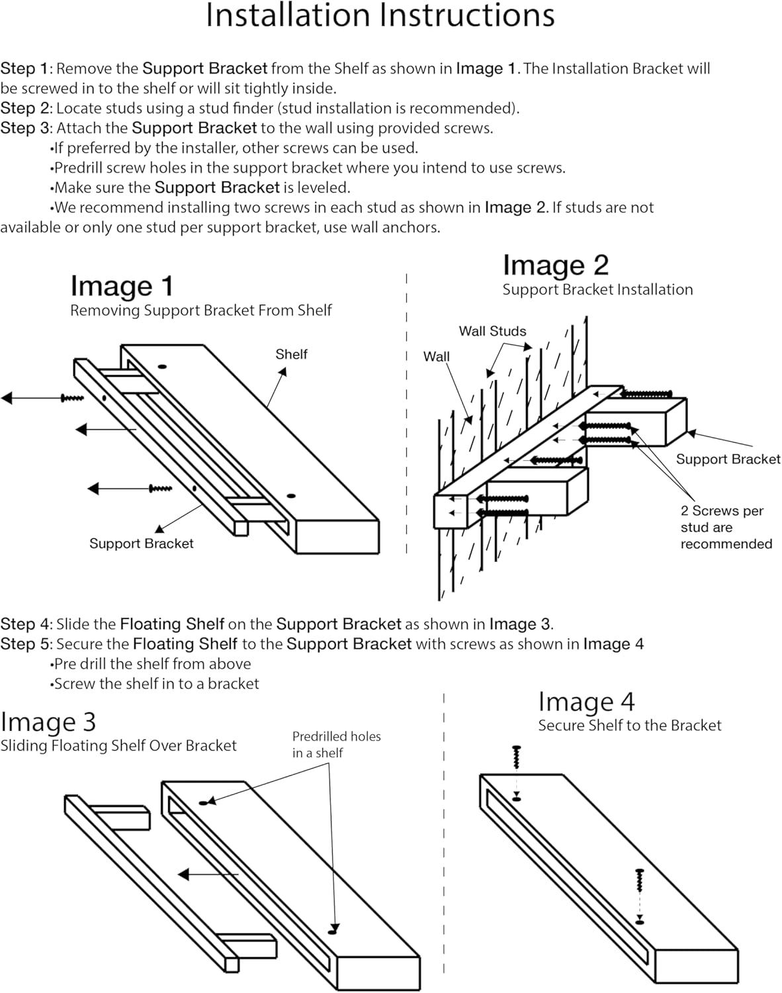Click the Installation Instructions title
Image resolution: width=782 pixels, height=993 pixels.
pos(380,16)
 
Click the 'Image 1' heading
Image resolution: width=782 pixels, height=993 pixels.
pos(122,286)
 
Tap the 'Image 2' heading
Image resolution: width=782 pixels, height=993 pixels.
pos(555,265)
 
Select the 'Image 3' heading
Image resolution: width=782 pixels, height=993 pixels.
pos(48,722)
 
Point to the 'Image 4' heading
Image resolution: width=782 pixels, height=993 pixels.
pos(586,702)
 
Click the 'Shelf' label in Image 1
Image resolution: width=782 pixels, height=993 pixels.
pos(291,354)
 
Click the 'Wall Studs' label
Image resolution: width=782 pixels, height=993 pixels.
pos(492,331)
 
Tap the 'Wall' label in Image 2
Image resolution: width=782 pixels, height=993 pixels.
pos(436,356)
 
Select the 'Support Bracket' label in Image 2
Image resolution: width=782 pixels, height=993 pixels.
pos(728,459)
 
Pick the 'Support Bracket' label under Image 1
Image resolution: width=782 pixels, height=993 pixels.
pos(141,544)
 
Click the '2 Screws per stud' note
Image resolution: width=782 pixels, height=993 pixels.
pos(726,527)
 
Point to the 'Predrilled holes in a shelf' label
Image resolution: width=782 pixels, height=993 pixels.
pos(336,744)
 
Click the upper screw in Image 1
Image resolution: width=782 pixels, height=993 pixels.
pos(72,398)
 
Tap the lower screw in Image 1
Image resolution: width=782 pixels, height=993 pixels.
pos(160,489)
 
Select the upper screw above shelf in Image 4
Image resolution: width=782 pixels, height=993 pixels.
pos(516,757)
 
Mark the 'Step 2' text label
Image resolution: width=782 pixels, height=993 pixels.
pos(25,108)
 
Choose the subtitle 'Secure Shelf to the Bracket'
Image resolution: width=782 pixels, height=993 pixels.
pos(629,726)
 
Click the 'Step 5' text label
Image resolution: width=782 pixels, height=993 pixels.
pos(25,644)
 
